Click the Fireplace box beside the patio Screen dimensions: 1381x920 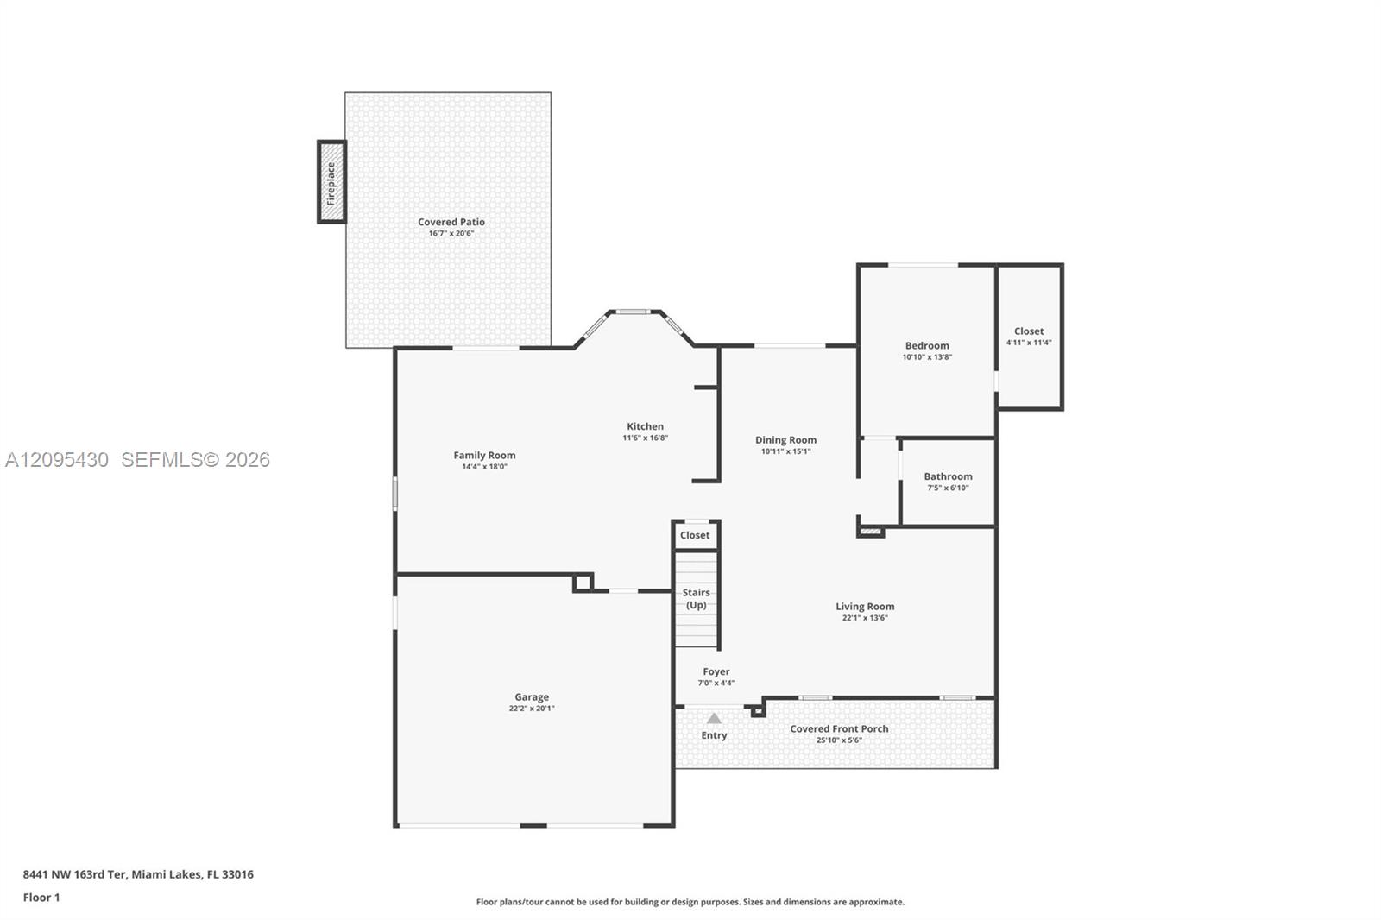(331, 182)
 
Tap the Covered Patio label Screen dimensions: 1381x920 (451, 222)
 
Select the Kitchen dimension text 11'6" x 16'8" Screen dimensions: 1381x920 (645, 438)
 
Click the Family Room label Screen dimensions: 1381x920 (484, 455)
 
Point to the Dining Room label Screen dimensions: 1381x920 (785, 439)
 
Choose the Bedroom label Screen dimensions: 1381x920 (927, 346)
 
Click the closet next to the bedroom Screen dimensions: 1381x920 (1030, 336)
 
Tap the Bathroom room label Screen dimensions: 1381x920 (948, 476)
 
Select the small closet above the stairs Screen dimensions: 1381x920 (696, 535)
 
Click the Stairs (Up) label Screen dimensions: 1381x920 (696, 599)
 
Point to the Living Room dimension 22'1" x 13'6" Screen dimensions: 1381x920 (865, 618)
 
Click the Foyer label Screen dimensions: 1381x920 (716, 671)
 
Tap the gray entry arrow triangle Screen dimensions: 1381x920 (714, 718)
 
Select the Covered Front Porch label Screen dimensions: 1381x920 (839, 729)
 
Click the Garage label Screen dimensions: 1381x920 (532, 696)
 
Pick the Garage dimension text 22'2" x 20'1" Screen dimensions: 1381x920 (532, 709)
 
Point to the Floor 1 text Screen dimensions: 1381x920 (41, 898)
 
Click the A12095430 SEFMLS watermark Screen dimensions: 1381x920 (137, 459)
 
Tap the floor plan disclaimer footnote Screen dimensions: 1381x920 (690, 902)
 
